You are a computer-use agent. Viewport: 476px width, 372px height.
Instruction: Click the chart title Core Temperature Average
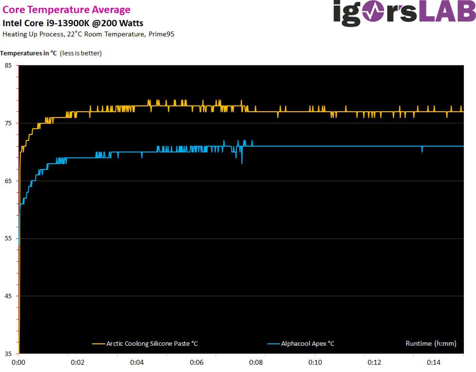pos(67,10)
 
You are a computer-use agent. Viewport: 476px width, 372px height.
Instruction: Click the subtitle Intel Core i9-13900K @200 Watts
pos(73,23)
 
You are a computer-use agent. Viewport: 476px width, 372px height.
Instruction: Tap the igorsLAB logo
pos(403,13)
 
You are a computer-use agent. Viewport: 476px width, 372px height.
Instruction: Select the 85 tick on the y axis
pos(8,65)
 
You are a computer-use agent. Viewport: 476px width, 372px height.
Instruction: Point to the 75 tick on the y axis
pos(8,123)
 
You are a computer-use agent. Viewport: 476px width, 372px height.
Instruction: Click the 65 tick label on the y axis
pos(8,181)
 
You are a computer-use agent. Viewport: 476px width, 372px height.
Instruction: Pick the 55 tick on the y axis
pos(8,238)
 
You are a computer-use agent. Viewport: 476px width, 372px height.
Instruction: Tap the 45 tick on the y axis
pos(8,296)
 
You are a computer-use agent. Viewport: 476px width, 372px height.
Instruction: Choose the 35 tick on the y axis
pos(8,354)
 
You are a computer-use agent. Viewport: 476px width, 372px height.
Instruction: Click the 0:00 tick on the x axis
pos(18,363)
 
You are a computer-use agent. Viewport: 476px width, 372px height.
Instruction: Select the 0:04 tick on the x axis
pos(137,363)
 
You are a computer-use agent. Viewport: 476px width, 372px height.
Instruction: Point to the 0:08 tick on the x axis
pos(256,363)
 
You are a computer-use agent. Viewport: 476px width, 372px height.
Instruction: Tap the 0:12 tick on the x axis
pos(374,363)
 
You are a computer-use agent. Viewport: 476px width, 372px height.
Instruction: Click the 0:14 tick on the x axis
pos(434,363)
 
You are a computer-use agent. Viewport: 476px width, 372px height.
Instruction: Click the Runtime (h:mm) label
pos(431,344)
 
